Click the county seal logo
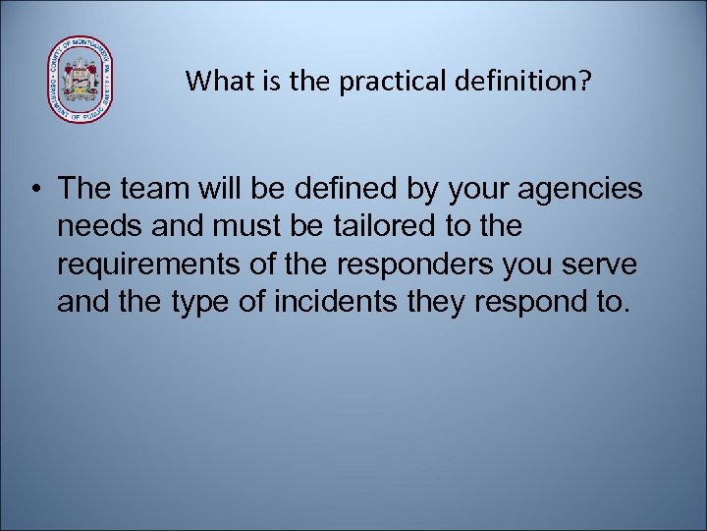coord(81,80)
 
